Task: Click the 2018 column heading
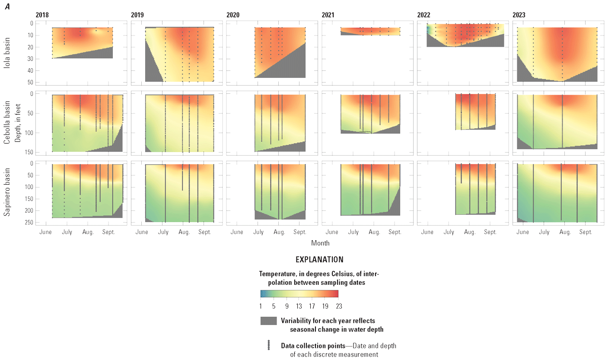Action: click(42, 15)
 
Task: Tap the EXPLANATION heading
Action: click(319, 260)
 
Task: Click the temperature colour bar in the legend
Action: click(299, 294)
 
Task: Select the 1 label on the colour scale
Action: click(261, 306)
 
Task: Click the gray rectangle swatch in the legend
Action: click(268, 321)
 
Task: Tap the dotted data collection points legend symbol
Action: click(268, 345)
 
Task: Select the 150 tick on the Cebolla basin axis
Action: click(26, 152)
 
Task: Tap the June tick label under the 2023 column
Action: click(522, 232)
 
